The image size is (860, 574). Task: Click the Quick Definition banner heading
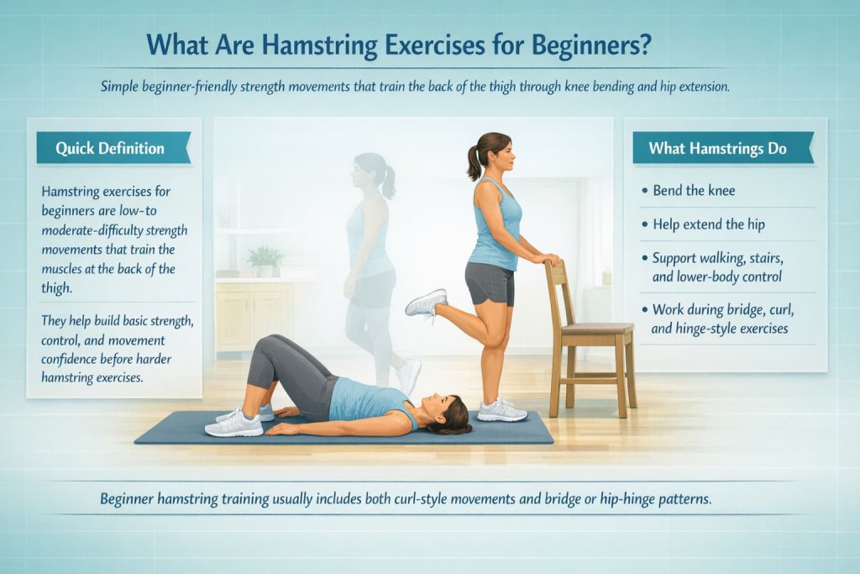point(110,148)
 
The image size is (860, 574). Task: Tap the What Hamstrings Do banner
point(717,148)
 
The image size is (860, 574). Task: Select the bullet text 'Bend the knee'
point(694,191)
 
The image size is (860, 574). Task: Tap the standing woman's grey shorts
point(490,283)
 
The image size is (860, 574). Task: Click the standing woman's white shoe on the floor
point(501,411)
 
